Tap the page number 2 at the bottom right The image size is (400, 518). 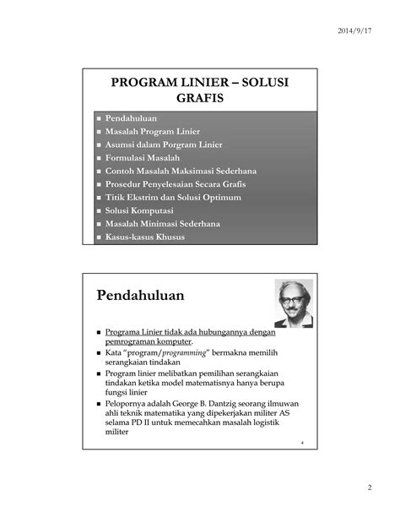click(369, 488)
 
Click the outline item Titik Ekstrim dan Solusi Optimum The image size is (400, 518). click(173, 197)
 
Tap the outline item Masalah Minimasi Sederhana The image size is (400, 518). click(163, 223)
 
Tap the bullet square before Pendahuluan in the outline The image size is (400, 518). click(98, 119)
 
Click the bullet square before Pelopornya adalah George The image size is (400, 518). click(99, 404)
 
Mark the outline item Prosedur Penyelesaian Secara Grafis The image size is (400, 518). click(181, 184)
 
